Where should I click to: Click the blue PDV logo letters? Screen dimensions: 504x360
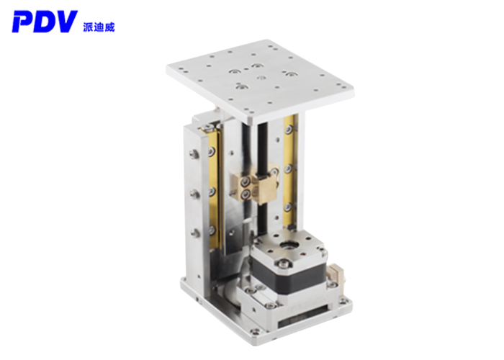point(45,22)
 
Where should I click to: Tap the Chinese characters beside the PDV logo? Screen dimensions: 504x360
point(99,27)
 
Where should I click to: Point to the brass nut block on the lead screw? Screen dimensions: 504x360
point(255,186)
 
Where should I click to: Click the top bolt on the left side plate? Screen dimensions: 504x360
point(194,154)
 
